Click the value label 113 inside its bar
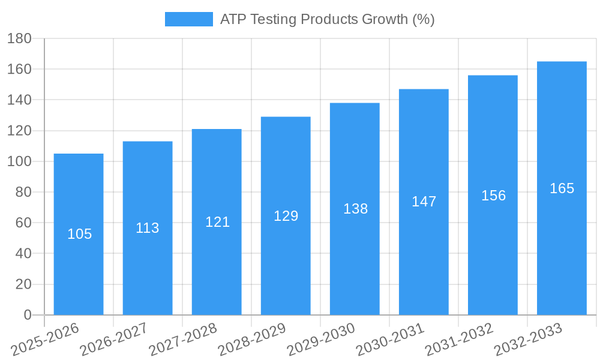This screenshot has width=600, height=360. pyautogui.click(x=148, y=228)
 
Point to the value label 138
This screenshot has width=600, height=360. pyautogui.click(x=355, y=209)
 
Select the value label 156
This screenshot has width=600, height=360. pyautogui.click(x=493, y=196)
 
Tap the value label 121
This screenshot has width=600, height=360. pyautogui.click(x=217, y=222)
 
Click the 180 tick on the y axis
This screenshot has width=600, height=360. pyautogui.click(x=19, y=38)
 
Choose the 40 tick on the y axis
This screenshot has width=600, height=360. pyautogui.click(x=23, y=254)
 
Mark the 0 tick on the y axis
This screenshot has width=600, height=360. pyautogui.click(x=28, y=315)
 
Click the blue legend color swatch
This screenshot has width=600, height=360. pyautogui.click(x=188, y=19)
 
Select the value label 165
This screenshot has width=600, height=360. pyautogui.click(x=562, y=188)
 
